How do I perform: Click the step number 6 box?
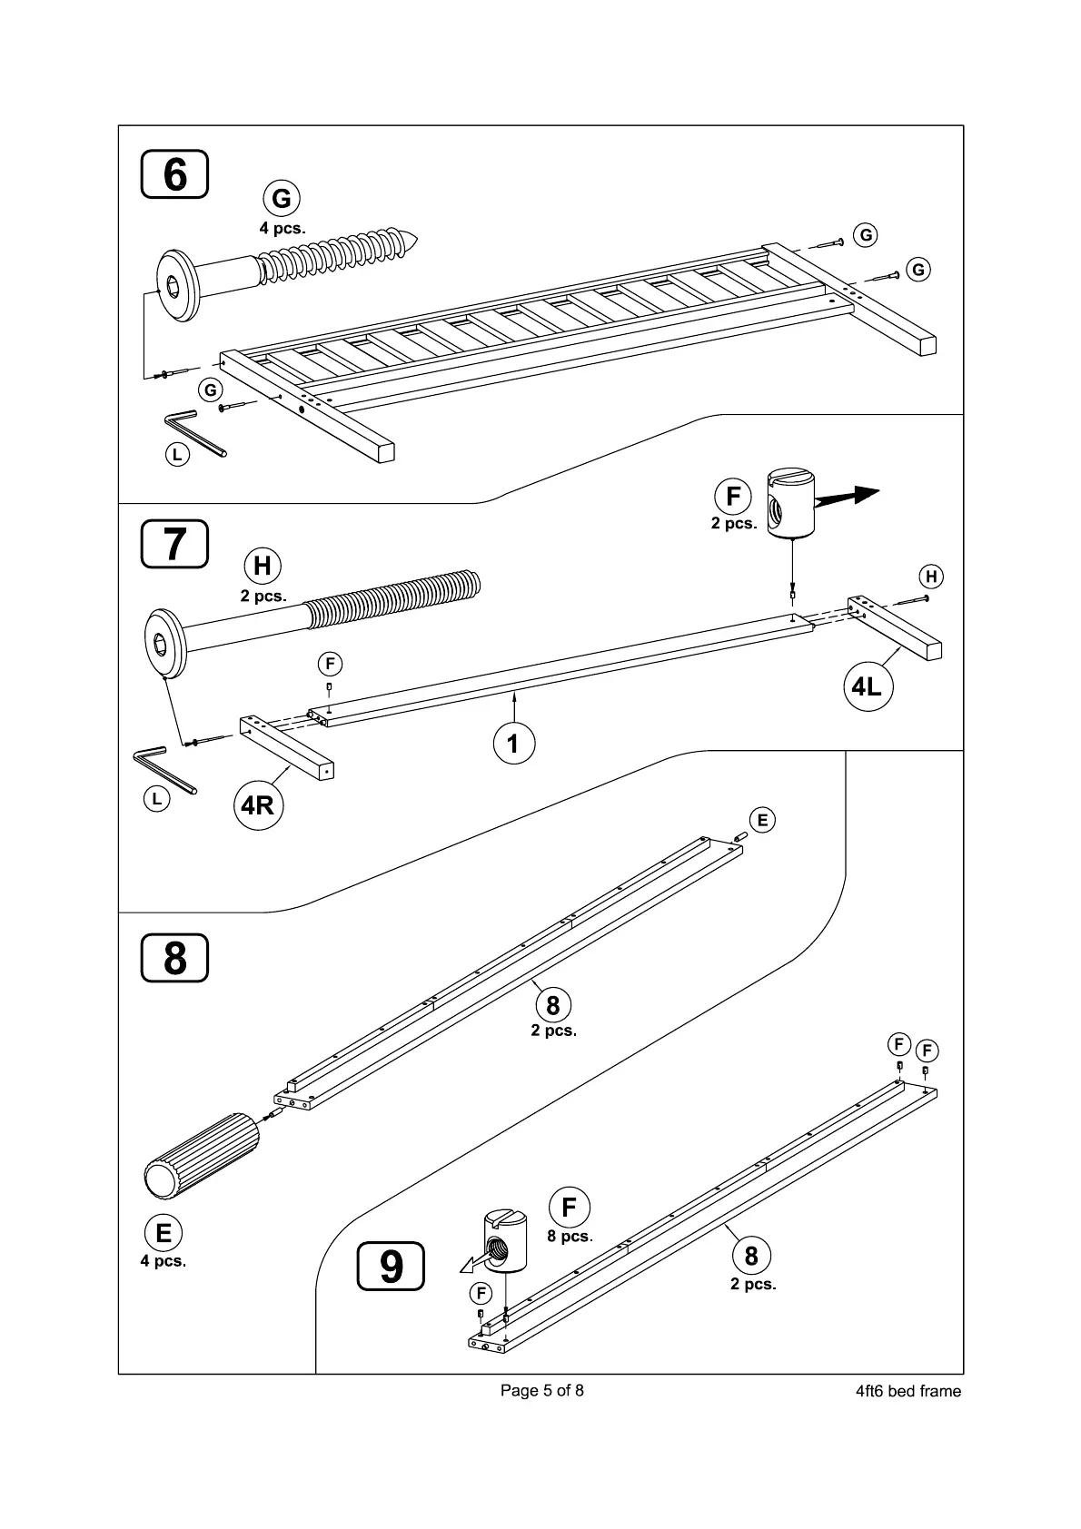(x=174, y=174)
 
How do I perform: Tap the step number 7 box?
(x=174, y=543)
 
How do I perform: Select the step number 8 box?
(x=174, y=958)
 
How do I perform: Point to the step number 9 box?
(x=391, y=1267)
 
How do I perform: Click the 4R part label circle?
(x=258, y=804)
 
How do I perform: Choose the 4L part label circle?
(x=866, y=686)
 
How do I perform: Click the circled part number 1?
(x=513, y=744)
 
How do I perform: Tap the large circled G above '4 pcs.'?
(x=282, y=198)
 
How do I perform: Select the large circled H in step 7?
(x=263, y=566)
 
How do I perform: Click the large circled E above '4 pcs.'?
(x=164, y=1233)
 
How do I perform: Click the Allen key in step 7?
(x=164, y=768)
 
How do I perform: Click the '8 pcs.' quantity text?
(x=570, y=1237)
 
